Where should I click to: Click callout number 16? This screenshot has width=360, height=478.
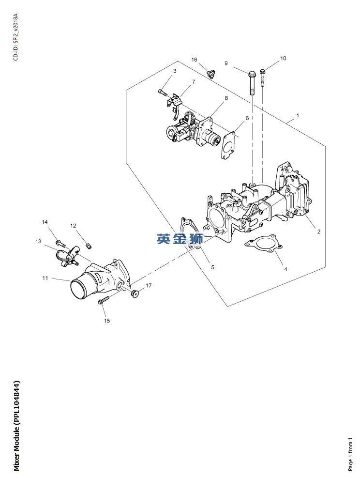[x=194, y=60]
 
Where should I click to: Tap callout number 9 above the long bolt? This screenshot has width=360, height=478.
[x=226, y=63]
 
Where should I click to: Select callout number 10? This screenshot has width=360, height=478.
[x=283, y=58]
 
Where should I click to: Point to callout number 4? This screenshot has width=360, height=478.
[x=285, y=269]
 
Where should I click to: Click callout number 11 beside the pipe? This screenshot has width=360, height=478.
[x=45, y=278]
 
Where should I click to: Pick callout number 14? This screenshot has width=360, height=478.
[x=45, y=222]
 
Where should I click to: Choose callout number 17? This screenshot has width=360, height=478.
[x=149, y=286]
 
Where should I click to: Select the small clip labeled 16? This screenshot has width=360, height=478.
[x=210, y=74]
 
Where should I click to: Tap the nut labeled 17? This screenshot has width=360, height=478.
[x=135, y=293]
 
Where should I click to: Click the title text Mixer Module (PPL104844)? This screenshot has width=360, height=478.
[x=16, y=426]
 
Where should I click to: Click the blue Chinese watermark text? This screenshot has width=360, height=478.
[x=179, y=238]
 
